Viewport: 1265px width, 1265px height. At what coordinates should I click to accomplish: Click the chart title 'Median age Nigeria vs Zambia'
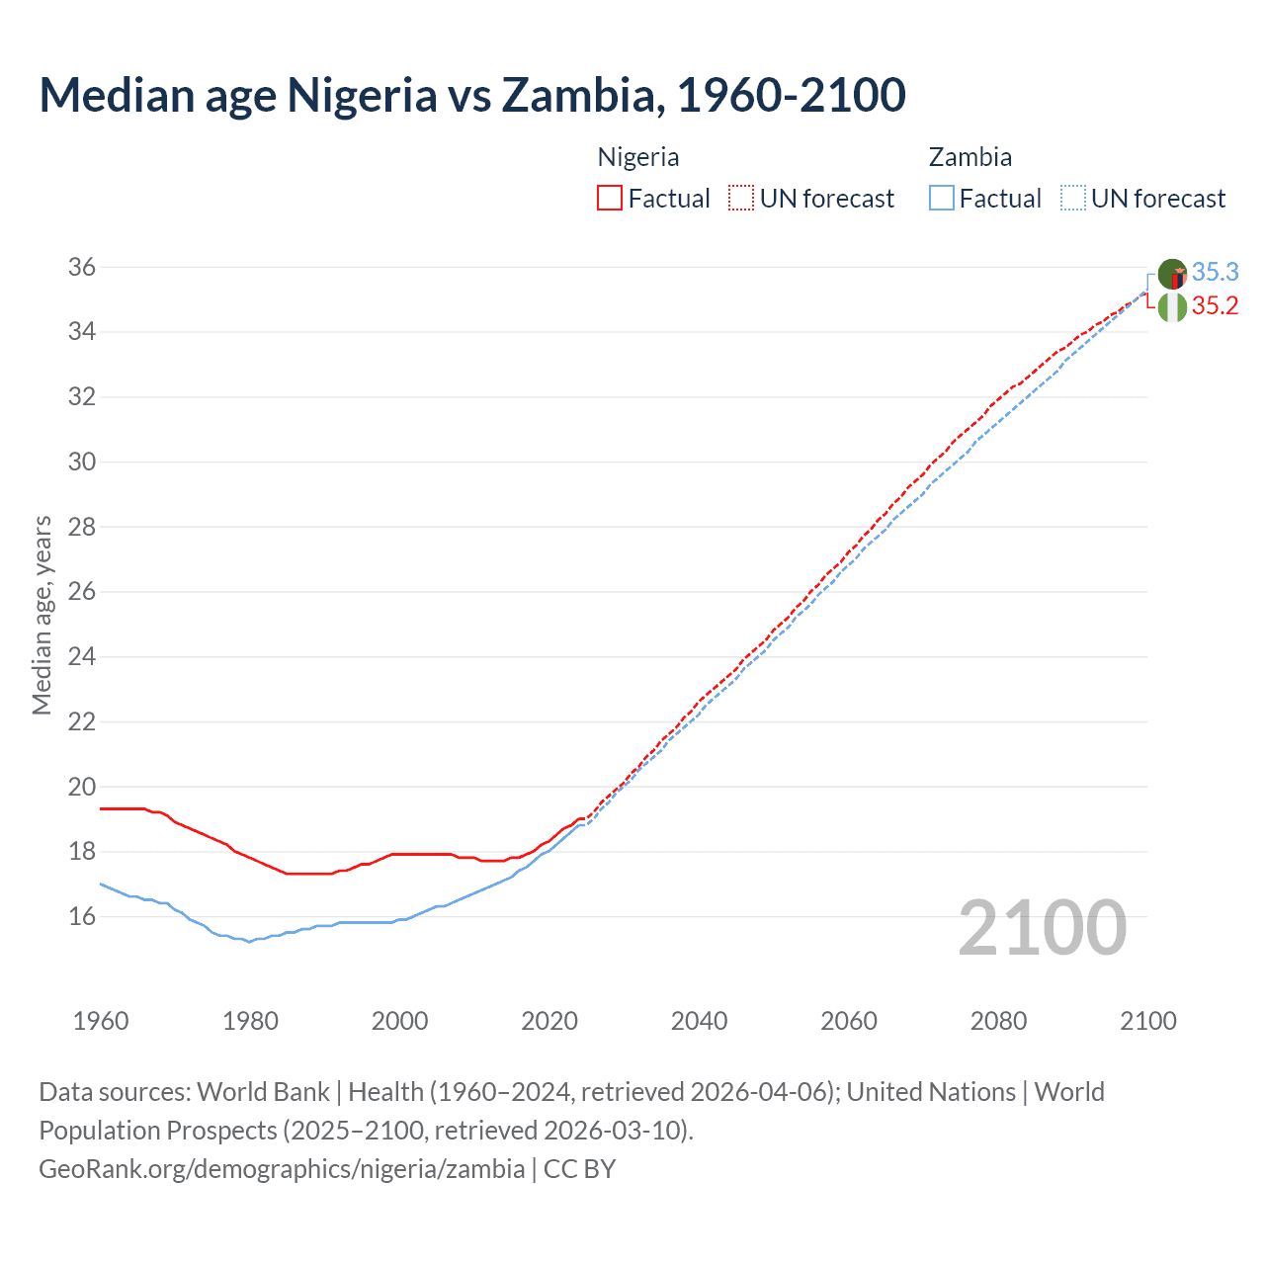(471, 95)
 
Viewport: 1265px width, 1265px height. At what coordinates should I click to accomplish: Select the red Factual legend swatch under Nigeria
(610, 199)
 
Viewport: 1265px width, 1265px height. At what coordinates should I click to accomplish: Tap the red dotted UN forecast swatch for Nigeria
(741, 199)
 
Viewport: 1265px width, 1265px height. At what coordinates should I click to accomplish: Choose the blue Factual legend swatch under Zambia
(942, 199)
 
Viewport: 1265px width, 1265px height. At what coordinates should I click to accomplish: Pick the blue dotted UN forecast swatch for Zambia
(1073, 199)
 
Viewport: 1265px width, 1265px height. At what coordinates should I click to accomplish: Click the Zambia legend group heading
(970, 157)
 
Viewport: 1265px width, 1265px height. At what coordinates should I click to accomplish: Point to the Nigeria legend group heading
(638, 157)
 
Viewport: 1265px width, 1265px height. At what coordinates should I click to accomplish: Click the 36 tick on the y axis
(82, 267)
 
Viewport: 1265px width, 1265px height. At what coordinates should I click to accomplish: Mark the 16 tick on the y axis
(82, 916)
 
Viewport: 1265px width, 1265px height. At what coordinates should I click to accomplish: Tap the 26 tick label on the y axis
(82, 592)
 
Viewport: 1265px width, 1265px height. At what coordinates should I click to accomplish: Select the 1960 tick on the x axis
(101, 1021)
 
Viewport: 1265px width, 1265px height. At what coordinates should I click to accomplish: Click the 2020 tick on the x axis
(549, 1021)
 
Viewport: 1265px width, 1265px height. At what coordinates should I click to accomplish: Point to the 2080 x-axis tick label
(998, 1021)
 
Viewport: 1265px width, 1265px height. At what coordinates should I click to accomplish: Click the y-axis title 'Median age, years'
(42, 615)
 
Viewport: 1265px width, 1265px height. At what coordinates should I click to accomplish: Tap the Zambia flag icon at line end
(1172, 274)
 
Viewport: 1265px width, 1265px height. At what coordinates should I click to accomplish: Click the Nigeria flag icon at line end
(1172, 307)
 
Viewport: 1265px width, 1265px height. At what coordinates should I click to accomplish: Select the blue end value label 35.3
(1215, 272)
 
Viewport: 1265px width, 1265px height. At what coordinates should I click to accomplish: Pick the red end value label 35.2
(1215, 306)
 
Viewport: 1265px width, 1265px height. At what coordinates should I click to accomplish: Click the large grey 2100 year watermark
(1042, 927)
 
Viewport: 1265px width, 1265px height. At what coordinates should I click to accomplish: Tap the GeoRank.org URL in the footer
(282, 1169)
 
